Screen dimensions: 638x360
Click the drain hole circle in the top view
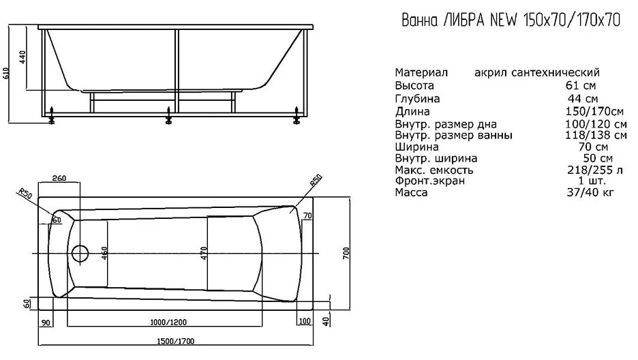80,254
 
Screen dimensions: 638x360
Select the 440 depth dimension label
22,57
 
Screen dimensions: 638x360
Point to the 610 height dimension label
5,73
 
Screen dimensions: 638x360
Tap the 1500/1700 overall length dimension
176,341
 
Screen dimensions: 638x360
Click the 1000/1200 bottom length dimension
168,322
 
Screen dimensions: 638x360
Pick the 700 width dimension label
346,254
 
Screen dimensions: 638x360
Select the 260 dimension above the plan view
59,178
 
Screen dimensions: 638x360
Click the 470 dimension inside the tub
204,254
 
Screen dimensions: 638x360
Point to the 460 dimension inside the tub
104,254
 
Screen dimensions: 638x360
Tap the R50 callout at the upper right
316,180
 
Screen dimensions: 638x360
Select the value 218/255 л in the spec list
595,170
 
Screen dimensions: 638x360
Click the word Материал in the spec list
421,72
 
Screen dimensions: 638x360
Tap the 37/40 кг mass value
590,192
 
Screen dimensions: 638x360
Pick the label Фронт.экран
429,181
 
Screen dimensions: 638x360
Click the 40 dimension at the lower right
326,321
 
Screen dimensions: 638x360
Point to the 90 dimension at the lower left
46,322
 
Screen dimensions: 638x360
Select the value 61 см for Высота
581,85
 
